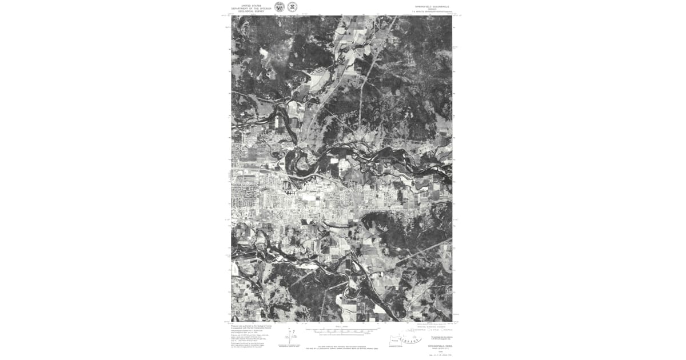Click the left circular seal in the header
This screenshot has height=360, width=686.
tap(280, 7)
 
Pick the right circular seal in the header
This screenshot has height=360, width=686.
tap(292, 7)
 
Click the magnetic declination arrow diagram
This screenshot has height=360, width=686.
tap(290, 337)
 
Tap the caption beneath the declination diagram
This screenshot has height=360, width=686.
tap(290, 346)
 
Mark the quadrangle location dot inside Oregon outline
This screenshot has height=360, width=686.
tap(394, 341)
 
